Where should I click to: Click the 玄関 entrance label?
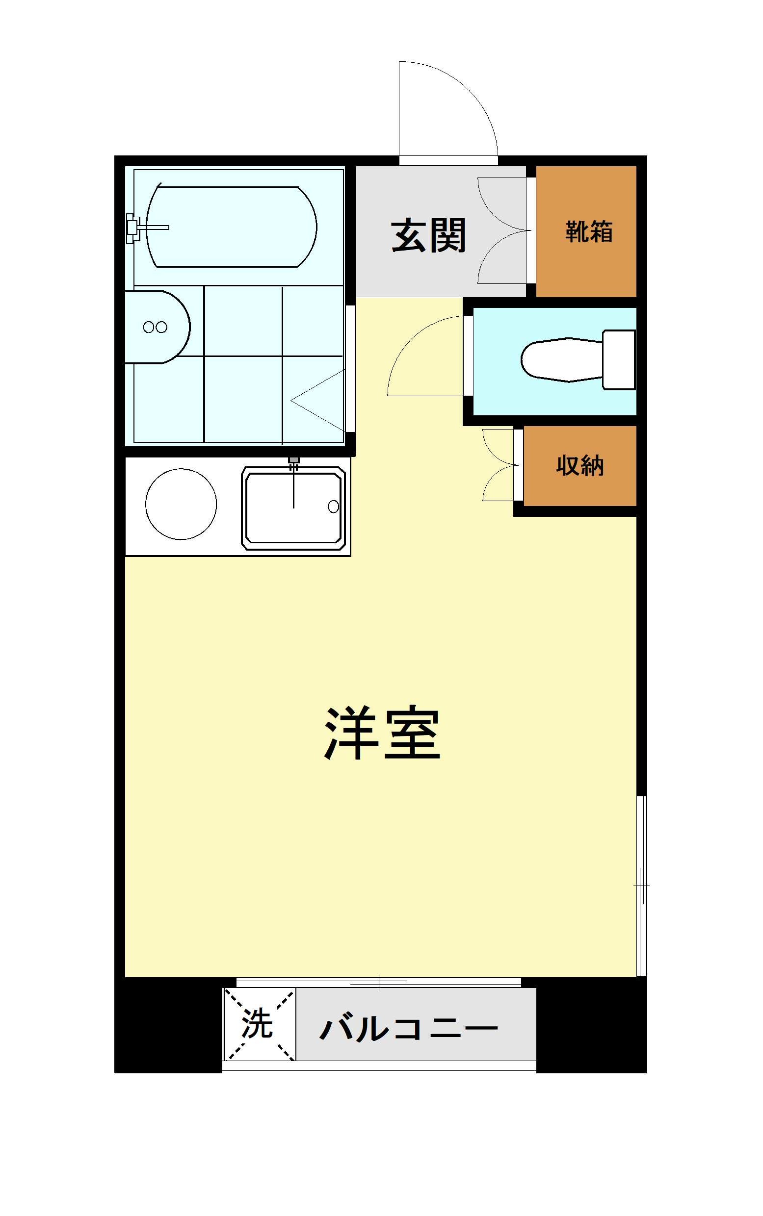428,235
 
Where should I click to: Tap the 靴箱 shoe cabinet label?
588,232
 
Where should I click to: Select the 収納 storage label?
580,465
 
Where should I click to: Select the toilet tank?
619,359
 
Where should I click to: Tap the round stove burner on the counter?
181,504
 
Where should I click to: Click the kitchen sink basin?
292,507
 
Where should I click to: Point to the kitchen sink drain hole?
334,507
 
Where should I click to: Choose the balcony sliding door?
378,982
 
